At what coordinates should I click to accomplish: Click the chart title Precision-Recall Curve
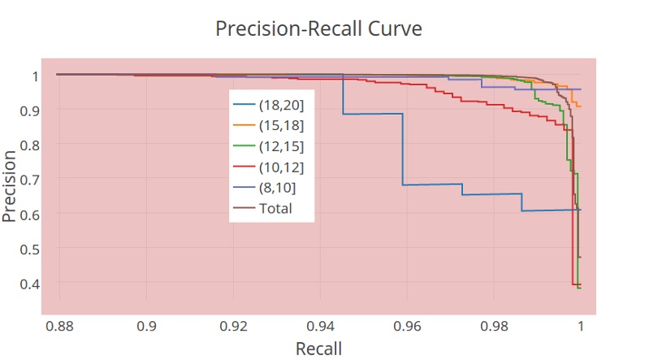pyautogui.click(x=318, y=28)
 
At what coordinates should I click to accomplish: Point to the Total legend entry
pyautogui.click(x=275, y=209)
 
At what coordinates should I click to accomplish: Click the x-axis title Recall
pyautogui.click(x=318, y=348)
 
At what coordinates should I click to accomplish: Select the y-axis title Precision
pyautogui.click(x=10, y=185)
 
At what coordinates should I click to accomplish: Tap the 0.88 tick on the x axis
pyautogui.click(x=59, y=326)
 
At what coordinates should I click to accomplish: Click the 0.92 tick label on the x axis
pyautogui.click(x=233, y=326)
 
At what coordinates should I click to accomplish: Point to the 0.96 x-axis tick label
pyautogui.click(x=407, y=326)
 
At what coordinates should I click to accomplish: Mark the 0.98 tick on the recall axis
pyautogui.click(x=494, y=326)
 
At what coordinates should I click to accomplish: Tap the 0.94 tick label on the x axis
pyautogui.click(x=320, y=326)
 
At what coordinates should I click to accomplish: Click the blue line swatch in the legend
pyautogui.click(x=244, y=106)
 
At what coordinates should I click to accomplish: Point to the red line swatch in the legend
pyautogui.click(x=244, y=167)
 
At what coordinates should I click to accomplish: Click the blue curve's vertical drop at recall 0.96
pyautogui.click(x=403, y=150)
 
